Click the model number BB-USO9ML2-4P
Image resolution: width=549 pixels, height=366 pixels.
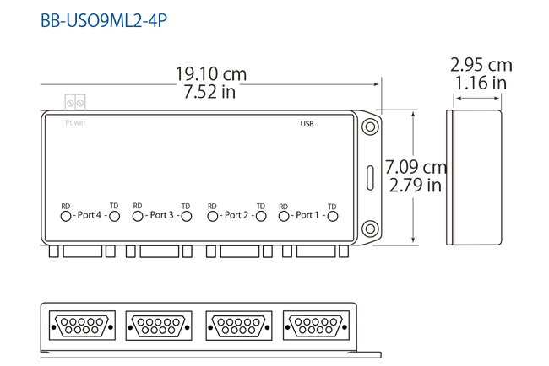[x=103, y=19]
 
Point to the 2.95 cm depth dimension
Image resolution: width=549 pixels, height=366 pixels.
[x=481, y=65]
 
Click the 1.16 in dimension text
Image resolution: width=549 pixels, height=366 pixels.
[x=481, y=83]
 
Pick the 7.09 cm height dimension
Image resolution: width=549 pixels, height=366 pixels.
[x=416, y=166]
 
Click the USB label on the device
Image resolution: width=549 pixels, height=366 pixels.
[x=307, y=124]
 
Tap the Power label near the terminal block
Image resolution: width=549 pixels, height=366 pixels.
[x=76, y=122]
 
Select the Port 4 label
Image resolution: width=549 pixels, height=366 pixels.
[x=89, y=215]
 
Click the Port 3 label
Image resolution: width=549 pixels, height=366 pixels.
[x=161, y=215]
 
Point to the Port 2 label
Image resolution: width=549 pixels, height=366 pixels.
[x=236, y=215]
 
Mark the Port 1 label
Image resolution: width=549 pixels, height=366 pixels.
[x=307, y=215]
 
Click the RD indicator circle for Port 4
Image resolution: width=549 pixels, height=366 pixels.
[x=66, y=216]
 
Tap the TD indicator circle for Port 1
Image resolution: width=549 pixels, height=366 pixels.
[x=333, y=216]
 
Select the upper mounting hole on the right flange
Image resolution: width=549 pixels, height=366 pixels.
[x=369, y=126]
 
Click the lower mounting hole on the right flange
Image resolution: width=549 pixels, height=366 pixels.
[x=369, y=229]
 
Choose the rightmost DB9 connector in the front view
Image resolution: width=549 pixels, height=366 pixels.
[x=316, y=325]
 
